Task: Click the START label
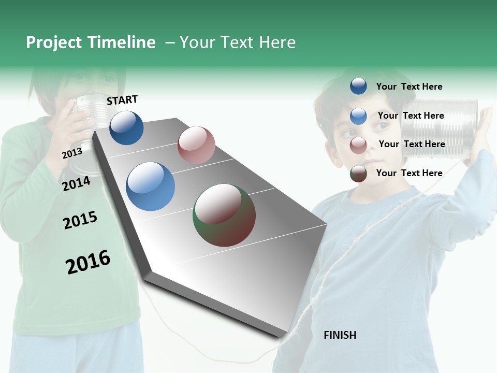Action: [x=122, y=100]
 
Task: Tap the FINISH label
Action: [x=340, y=335]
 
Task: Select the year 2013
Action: [x=72, y=153]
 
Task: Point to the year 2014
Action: [x=76, y=183]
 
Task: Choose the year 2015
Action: [x=80, y=220]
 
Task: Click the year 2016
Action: [x=88, y=262]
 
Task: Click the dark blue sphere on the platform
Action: [x=126, y=127]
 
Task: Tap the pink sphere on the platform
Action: [x=196, y=145]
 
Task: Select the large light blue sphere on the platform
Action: [x=151, y=187]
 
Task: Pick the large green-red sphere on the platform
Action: [x=224, y=214]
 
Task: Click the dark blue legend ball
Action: [x=358, y=86]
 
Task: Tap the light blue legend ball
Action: [x=358, y=116]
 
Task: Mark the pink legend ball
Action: [x=358, y=145]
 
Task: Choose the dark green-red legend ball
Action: [x=358, y=174]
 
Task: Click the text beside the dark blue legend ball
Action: [x=409, y=87]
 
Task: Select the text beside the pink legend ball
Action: [x=412, y=144]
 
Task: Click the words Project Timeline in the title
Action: [x=91, y=42]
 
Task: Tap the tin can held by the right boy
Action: [x=440, y=127]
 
